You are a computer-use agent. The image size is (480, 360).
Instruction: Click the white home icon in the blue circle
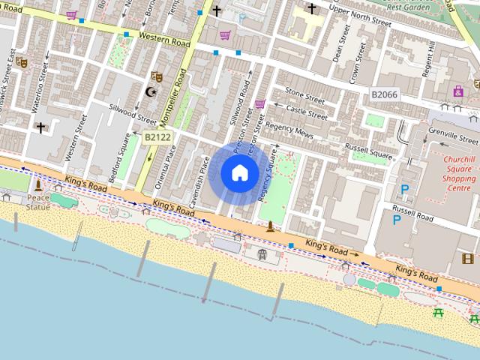(x=239, y=173)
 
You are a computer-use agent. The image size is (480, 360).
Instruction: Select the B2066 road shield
(x=384, y=94)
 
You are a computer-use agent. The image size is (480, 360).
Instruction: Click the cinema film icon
(x=469, y=259)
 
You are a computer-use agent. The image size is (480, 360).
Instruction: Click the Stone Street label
(x=304, y=96)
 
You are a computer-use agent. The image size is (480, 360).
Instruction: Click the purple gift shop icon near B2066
(x=457, y=91)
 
